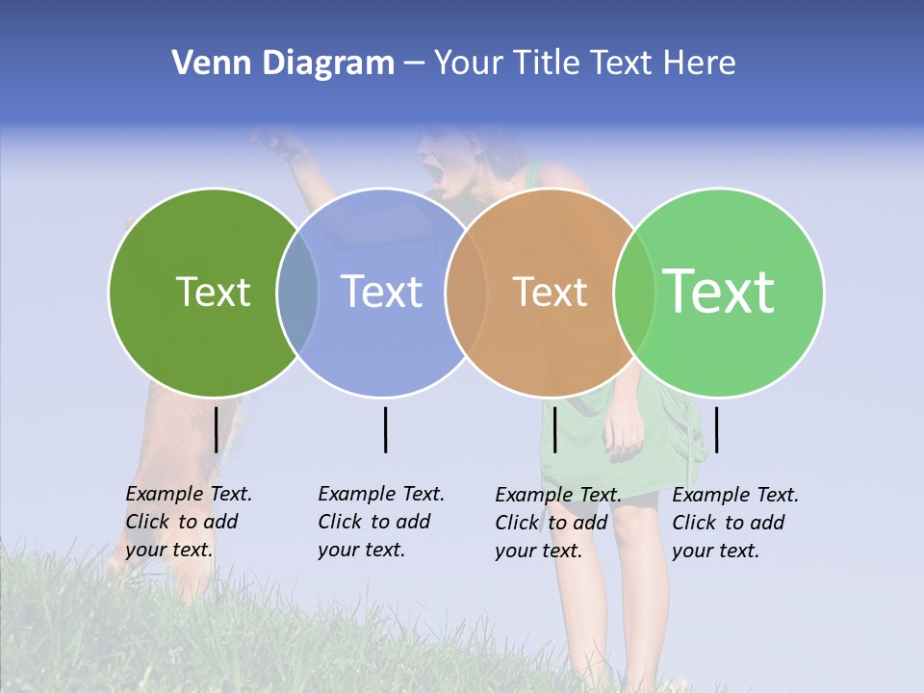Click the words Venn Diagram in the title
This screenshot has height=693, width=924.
point(283,64)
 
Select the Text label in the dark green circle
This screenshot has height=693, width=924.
point(213,292)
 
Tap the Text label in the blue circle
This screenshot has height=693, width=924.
point(382,292)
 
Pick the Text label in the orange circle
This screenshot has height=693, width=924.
point(551,292)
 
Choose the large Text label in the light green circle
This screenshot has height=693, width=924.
point(719,292)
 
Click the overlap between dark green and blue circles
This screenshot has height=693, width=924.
point(298,293)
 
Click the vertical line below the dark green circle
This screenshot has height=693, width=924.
point(216,429)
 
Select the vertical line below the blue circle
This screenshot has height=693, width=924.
point(385,429)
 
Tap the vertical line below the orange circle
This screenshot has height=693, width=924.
point(554,429)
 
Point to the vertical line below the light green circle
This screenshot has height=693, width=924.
point(716,429)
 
